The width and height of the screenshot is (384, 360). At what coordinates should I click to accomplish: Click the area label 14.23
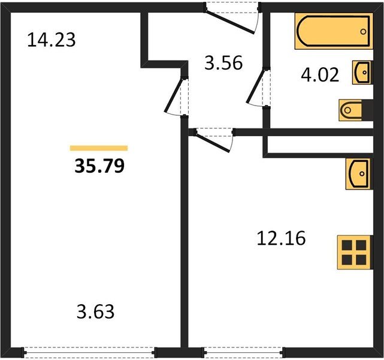click(x=52, y=40)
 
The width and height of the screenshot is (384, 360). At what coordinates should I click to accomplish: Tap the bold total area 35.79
click(x=99, y=166)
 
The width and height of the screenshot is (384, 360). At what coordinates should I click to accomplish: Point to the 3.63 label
click(x=95, y=311)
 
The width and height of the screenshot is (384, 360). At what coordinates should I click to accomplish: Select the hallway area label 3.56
click(x=223, y=63)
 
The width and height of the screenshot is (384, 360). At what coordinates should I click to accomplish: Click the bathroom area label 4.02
click(x=320, y=75)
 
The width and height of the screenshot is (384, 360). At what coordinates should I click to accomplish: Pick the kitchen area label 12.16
click(x=282, y=238)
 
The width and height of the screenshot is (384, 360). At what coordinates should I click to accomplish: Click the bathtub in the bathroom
click(x=334, y=31)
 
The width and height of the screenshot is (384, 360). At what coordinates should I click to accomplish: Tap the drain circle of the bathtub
click(x=363, y=31)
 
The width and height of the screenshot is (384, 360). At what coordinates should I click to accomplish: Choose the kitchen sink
click(x=358, y=173)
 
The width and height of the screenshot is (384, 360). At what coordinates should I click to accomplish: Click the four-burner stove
click(x=354, y=253)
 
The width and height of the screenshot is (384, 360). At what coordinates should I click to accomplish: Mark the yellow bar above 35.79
click(x=99, y=148)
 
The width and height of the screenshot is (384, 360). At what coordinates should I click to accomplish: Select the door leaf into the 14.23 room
click(x=174, y=95)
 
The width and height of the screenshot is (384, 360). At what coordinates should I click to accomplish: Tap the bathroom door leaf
click(x=256, y=86)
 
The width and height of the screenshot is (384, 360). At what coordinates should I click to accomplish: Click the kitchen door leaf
click(x=213, y=142)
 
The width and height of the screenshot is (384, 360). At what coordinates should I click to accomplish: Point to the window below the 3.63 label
click(x=89, y=352)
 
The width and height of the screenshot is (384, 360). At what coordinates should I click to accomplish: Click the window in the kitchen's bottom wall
click(x=243, y=352)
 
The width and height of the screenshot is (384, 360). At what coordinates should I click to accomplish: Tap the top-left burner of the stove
click(x=347, y=245)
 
